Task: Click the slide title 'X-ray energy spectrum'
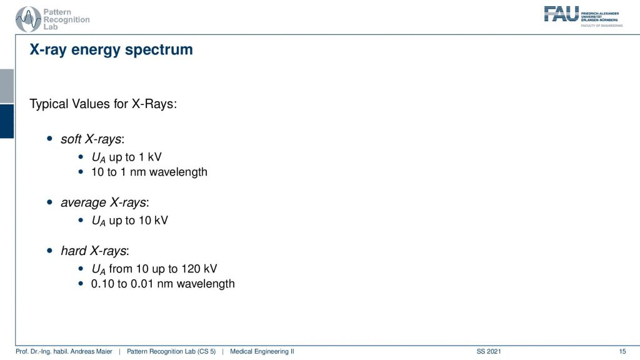click(111, 50)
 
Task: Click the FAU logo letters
click(561, 14)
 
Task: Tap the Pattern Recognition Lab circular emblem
click(28, 19)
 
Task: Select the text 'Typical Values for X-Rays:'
click(103, 104)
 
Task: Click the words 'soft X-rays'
click(91, 139)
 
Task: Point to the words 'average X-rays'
click(103, 202)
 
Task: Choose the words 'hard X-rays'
click(94, 251)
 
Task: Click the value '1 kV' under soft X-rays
click(150, 157)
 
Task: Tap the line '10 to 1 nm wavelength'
click(149, 172)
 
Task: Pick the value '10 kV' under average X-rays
click(153, 221)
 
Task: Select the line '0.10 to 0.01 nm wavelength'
click(163, 284)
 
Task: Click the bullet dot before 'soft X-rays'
click(50, 139)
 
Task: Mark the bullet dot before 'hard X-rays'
click(50, 250)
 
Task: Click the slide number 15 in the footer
click(622, 351)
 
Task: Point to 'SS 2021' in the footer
click(489, 351)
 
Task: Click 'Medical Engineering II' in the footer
click(262, 351)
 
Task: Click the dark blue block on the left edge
click(7, 121)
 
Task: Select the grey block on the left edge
click(7, 86)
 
